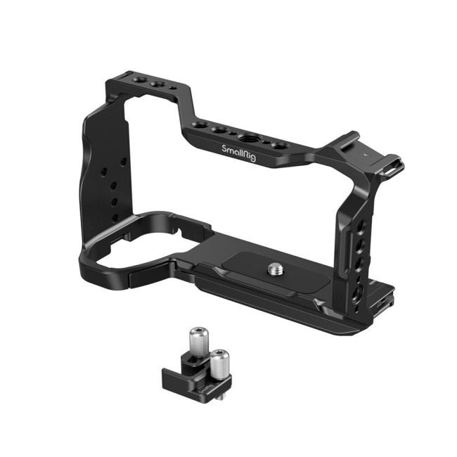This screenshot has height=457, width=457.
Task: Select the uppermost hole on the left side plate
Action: tap(123, 161)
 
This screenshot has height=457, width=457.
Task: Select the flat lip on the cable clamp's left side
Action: tap(168, 380)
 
